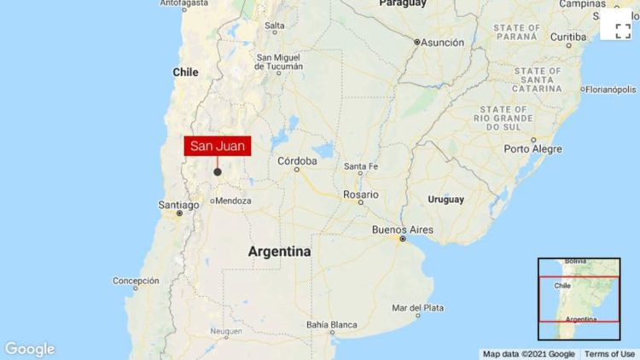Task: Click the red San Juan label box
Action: [218, 146]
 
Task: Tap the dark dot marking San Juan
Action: [218, 171]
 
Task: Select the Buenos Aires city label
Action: [402, 230]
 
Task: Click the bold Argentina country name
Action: [279, 252]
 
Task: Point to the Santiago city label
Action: [179, 205]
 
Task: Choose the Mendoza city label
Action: [232, 201]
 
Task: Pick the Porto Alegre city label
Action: [532, 148]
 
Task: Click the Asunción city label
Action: [442, 42]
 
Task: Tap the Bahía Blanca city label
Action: [333, 325]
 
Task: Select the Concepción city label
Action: [137, 281]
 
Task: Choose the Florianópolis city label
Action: [609, 89]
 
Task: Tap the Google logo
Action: [30, 349]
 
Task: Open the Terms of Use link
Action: [610, 354]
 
